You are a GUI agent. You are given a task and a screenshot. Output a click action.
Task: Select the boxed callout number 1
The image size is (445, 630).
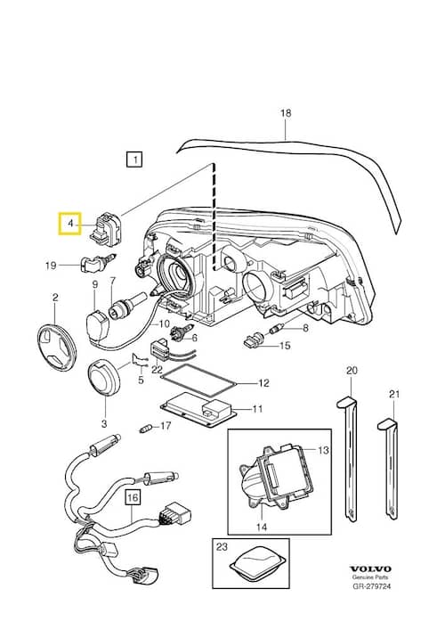click(133, 161)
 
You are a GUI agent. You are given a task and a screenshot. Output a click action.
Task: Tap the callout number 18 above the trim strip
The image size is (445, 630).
click(286, 114)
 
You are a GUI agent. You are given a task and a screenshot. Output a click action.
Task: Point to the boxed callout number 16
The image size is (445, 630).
click(133, 497)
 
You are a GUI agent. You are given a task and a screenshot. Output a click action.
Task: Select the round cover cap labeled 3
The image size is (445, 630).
click(104, 381)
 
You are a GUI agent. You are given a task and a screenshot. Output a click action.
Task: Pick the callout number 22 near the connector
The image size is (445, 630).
click(156, 370)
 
